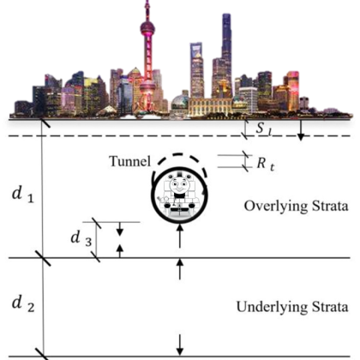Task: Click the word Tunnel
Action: coord(129,161)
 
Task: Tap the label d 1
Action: coord(23,195)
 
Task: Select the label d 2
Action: coord(23,303)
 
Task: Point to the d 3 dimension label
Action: coord(81,238)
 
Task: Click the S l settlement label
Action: coord(263,128)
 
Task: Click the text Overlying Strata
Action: coord(296,207)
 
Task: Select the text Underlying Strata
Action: coord(292,307)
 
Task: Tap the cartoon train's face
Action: coord(179,185)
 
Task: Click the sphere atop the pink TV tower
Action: coord(147,28)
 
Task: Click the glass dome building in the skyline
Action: coord(179,102)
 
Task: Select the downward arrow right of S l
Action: coord(300,130)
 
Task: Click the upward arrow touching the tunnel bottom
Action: coord(179,236)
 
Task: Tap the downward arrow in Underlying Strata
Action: coord(179,345)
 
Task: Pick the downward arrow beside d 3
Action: coord(120,229)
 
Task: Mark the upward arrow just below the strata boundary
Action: coord(179,269)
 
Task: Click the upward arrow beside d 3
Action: coord(120,251)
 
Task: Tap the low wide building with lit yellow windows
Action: coord(210,107)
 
